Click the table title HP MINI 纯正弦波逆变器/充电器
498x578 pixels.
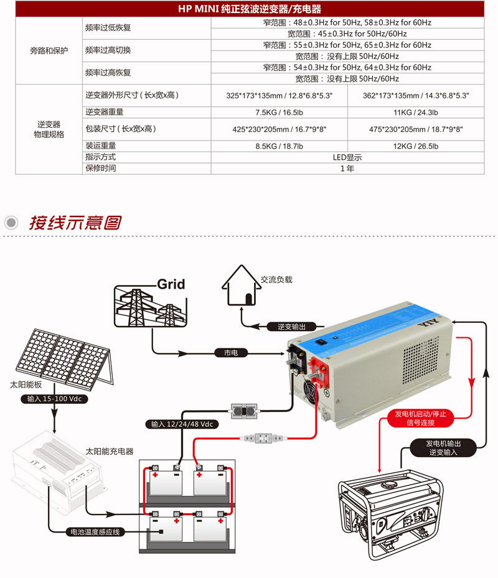coord(249,9)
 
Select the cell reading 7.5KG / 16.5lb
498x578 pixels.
coord(279,113)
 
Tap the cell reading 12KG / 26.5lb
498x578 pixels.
coord(415,146)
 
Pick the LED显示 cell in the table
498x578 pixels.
coord(347,157)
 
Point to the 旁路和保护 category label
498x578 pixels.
coord(49,51)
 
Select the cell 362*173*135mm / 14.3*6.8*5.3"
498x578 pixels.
coord(415,96)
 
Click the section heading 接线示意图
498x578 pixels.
coord(75,222)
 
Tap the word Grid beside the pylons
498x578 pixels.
coord(171,284)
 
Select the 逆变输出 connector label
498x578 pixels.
coord(292,327)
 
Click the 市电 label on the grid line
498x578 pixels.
coord(231,353)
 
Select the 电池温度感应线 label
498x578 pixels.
coord(96,532)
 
